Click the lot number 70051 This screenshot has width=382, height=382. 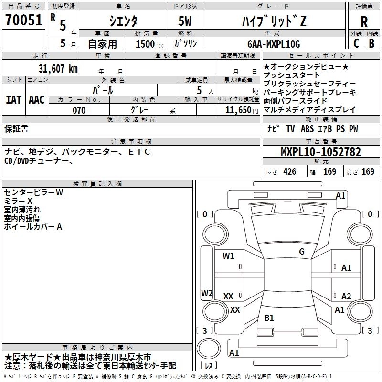point(23,20)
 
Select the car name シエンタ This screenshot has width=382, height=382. point(123,21)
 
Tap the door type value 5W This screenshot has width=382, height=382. point(185,21)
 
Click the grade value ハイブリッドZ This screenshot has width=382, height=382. point(274,21)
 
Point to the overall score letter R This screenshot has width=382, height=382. point(364,22)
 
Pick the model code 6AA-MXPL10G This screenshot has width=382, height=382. point(274,44)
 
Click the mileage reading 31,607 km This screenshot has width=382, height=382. point(58,69)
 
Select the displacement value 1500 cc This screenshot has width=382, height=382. point(150,44)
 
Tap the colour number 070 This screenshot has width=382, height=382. point(79,110)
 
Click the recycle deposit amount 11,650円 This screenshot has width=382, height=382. point(242,110)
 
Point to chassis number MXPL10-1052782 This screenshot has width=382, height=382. point(321,152)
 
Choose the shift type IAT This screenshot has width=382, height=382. point(14,100)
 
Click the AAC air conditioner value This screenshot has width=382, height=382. point(37,100)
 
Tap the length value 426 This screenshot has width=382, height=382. point(290,172)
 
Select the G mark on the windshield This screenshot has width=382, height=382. point(302,252)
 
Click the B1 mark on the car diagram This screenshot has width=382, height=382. point(269,318)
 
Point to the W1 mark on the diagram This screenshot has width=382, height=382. point(228,255)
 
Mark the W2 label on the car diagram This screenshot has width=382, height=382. point(207,293)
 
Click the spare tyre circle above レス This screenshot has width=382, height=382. point(209,349)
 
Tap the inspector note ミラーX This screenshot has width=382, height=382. point(18,201)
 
